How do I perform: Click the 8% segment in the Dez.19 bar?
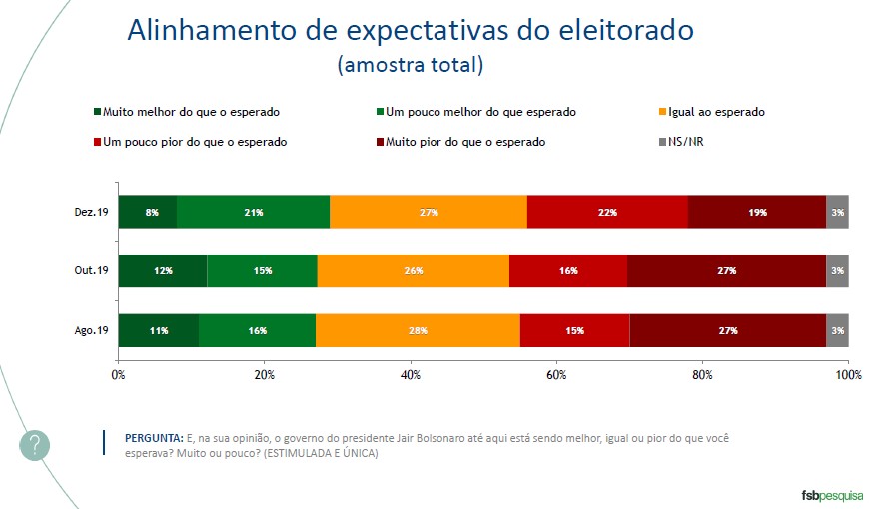pos(148,213)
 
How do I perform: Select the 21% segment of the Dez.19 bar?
pos(253,213)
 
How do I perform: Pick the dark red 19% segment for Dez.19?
pos(756,213)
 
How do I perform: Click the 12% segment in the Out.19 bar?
pos(163,271)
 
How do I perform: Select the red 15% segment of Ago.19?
pos(574,330)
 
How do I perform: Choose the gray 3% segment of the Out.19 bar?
pos(837,271)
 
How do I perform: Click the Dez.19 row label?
pos(91,213)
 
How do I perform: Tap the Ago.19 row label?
pos(91,330)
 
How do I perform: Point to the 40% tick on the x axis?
pos(411,374)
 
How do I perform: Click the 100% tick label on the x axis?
pos(848,374)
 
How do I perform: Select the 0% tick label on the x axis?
pos(118,374)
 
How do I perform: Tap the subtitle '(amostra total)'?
pos(411,66)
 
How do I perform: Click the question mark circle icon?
pos(34,446)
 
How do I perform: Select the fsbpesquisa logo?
pos(832,494)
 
